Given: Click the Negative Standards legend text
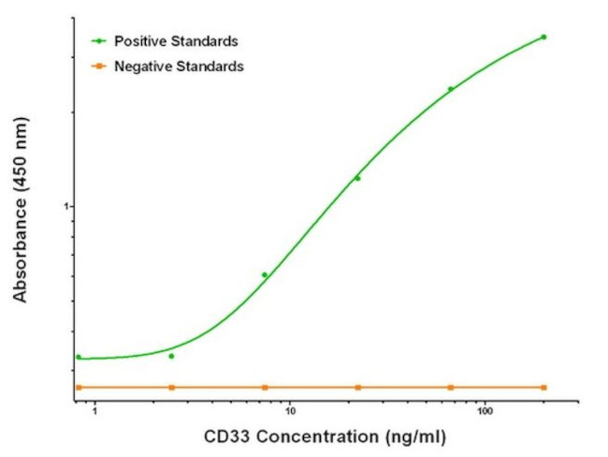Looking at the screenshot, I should click(179, 66).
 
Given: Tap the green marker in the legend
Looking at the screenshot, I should click(97, 41).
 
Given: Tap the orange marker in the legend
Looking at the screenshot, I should click(97, 66).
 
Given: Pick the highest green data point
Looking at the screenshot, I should click(543, 37).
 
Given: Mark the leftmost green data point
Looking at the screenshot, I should click(79, 357).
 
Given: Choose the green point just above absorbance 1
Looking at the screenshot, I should click(357, 178).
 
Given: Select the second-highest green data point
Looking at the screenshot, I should click(450, 90).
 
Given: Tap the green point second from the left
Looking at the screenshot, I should click(171, 356).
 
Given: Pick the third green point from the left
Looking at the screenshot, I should click(265, 274).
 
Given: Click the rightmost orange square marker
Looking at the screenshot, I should click(543, 387).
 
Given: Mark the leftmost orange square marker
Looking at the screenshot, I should click(79, 387).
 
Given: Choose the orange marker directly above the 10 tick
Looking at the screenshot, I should click(265, 387).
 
